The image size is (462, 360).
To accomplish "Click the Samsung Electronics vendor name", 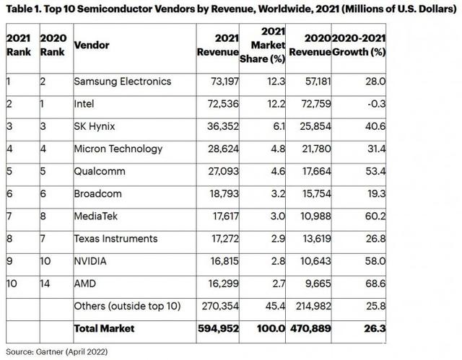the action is point(122,82).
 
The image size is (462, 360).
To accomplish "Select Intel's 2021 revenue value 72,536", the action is point(223,104).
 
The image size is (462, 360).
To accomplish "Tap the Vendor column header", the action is point(92,45).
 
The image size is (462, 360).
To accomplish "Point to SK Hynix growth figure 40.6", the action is point(375,126).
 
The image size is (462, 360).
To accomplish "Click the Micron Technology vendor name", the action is point(118,149).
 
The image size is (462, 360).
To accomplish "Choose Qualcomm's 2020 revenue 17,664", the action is point(317,171).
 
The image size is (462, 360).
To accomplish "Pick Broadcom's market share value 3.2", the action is point(278,193).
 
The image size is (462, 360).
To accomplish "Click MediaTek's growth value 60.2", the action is point(375,216).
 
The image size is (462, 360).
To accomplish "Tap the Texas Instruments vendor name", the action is point(115,238).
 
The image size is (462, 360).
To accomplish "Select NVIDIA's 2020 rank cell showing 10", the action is point(45,261).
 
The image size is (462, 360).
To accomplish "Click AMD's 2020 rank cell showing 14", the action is point(45,284).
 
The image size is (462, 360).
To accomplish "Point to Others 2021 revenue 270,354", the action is point(220,306).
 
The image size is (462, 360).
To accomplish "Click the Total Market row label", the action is point(104,328).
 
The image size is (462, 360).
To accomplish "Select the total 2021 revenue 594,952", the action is point(218,328).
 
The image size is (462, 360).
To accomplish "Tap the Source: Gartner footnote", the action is point(56,352).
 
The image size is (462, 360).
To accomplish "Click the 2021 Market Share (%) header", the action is point(263,45).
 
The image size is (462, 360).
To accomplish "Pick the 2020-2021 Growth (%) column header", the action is point(359,45).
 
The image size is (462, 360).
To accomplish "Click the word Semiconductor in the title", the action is point(115,9).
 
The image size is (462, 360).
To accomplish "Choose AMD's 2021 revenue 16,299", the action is point(223,284).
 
